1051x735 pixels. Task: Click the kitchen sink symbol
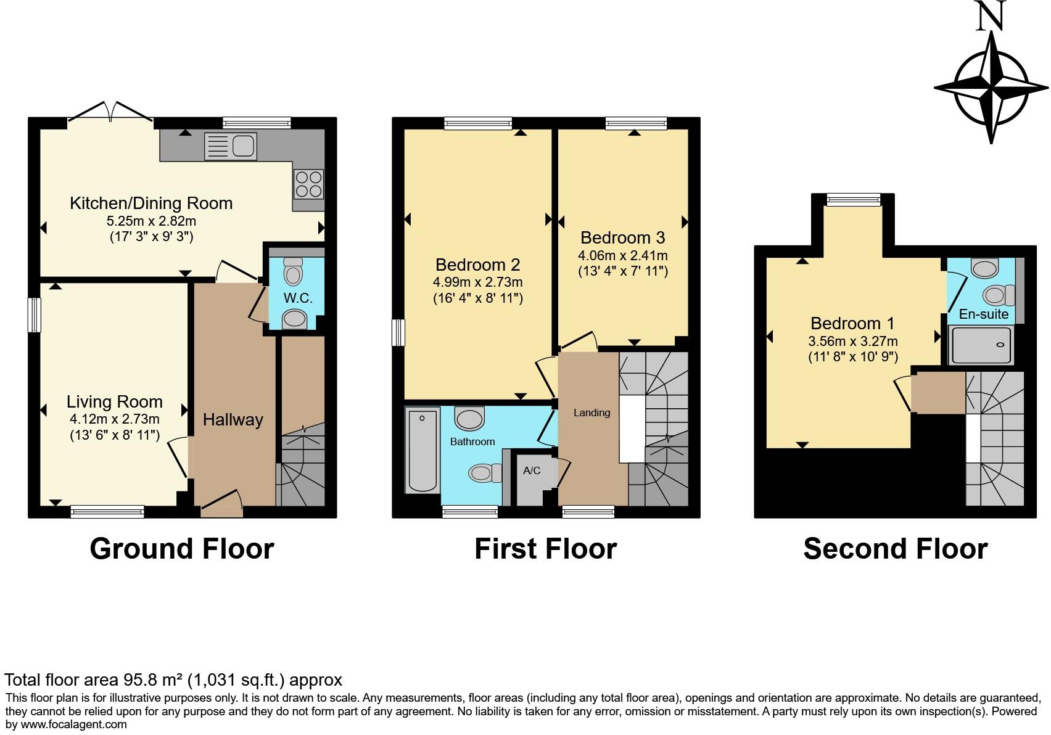click(231, 146)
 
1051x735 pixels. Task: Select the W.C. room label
click(298, 298)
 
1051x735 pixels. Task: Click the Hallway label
click(233, 420)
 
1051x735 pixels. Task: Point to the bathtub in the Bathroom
click(422, 450)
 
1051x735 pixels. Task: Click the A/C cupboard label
click(532, 470)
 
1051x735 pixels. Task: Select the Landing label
click(591, 413)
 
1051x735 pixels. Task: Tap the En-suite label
click(983, 314)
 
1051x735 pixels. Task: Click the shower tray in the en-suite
click(981, 345)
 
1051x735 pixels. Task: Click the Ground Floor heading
click(182, 548)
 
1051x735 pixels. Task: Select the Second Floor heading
click(895, 548)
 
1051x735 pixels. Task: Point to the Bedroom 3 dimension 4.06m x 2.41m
click(622, 255)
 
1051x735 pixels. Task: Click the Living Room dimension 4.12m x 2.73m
click(115, 419)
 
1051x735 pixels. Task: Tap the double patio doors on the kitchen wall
click(110, 113)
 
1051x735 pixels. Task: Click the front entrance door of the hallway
click(221, 503)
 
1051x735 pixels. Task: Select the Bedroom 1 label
click(852, 323)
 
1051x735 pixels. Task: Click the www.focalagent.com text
click(74, 724)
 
